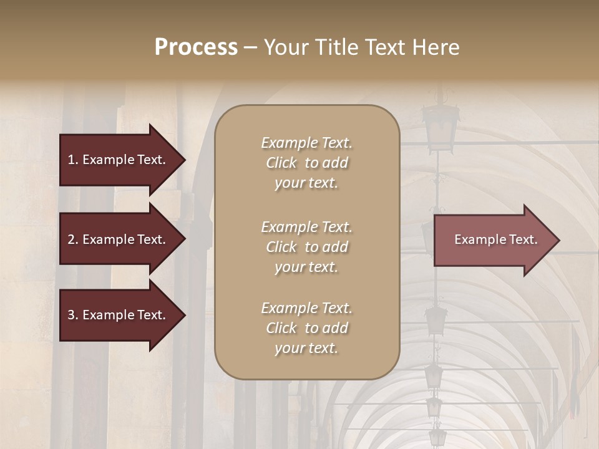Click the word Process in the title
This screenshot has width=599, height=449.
point(196,47)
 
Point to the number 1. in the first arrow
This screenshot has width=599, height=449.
point(73,160)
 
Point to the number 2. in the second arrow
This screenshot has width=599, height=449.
point(73,239)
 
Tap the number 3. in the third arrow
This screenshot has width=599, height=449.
point(73,315)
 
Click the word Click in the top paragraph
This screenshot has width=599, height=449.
point(281,163)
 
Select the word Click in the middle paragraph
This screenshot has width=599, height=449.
point(281,247)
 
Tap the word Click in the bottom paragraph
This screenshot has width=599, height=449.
point(281,328)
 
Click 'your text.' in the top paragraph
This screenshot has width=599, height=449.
point(306,183)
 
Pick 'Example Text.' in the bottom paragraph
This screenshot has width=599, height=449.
point(306,308)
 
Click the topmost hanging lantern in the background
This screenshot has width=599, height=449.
point(441,125)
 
